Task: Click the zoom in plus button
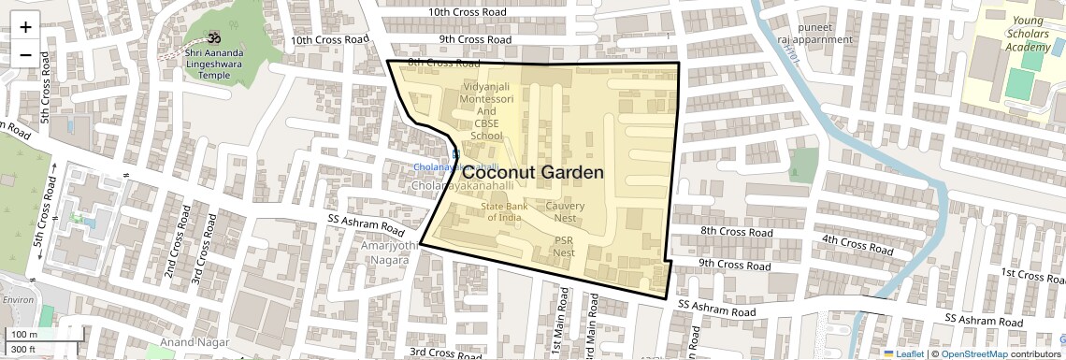(25, 26)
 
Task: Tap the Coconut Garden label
(533, 173)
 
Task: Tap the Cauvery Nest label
(565, 211)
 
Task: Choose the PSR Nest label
(563, 246)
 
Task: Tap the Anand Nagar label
(194, 342)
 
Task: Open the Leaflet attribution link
(904, 353)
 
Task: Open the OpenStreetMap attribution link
(973, 353)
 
